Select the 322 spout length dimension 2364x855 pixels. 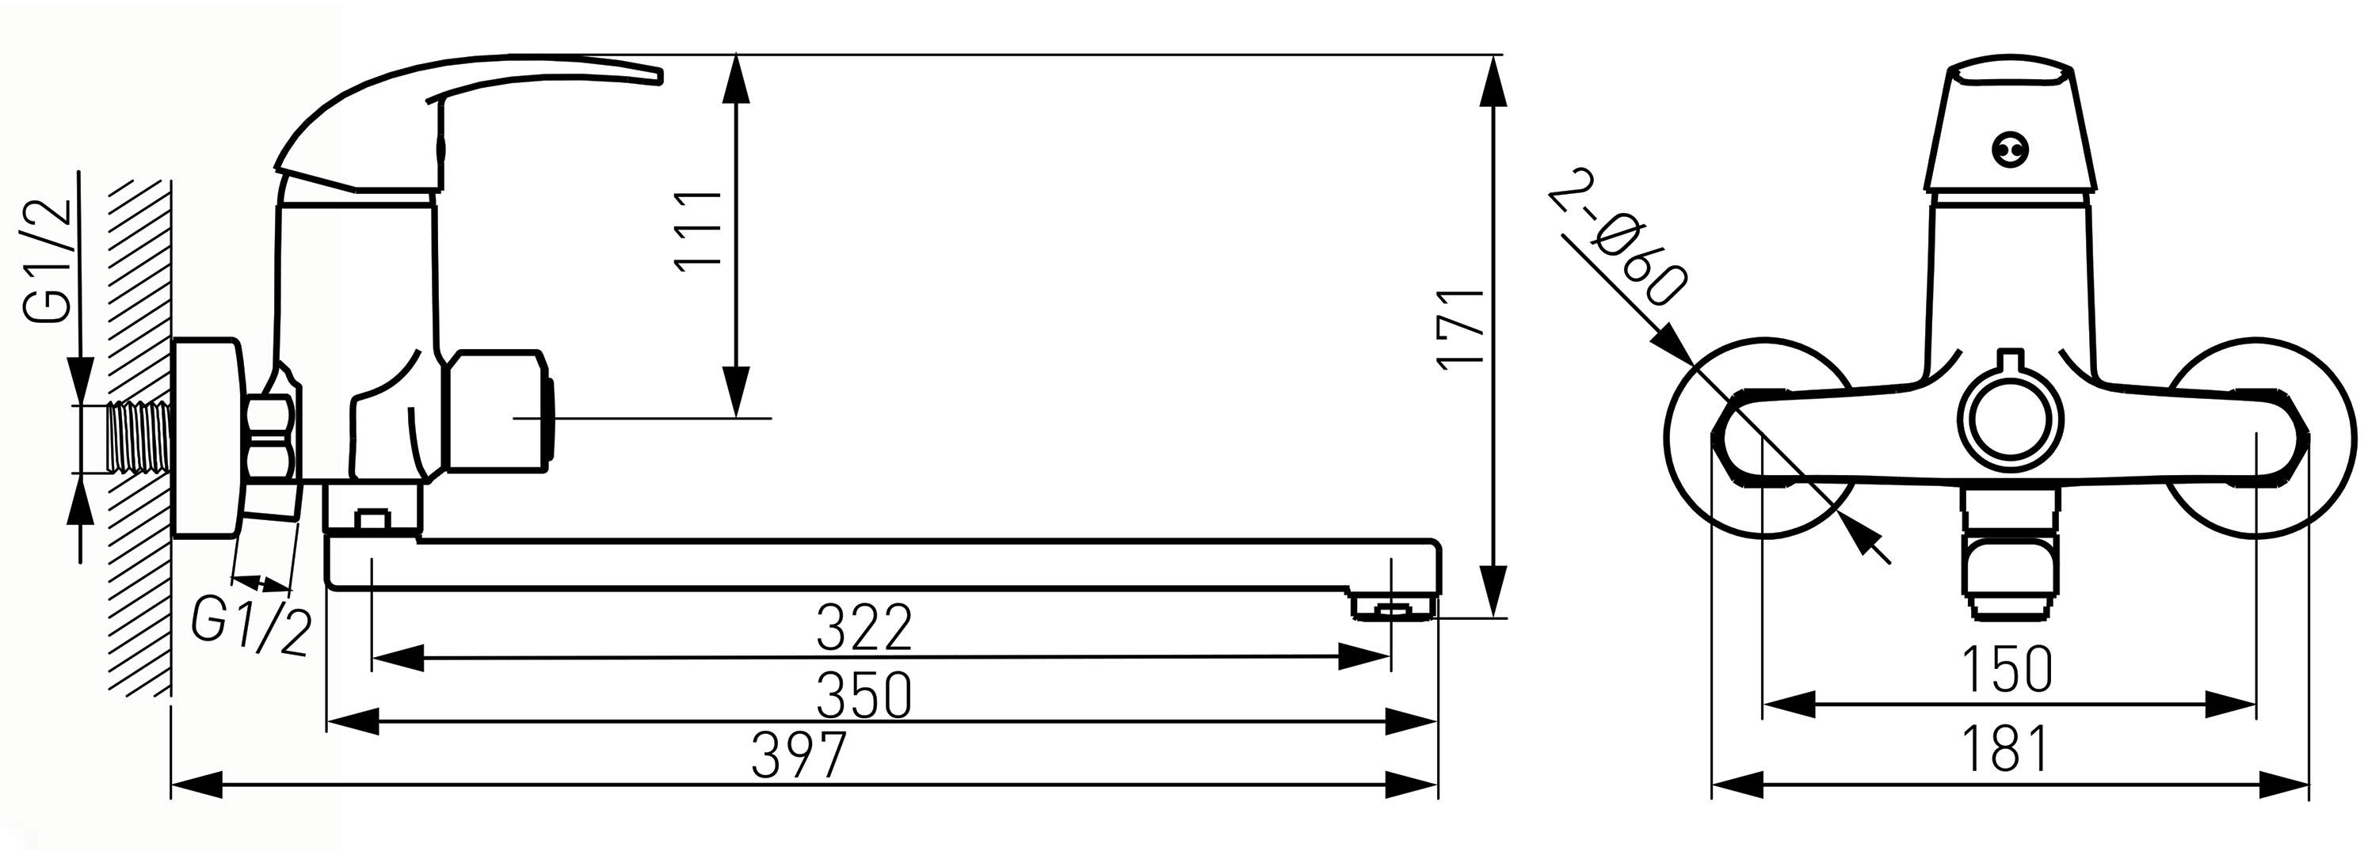(864, 628)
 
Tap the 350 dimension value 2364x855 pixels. (864, 694)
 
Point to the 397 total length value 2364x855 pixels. (798, 755)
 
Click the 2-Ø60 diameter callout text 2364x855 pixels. (1616, 249)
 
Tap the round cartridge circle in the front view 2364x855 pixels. (2006, 416)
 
